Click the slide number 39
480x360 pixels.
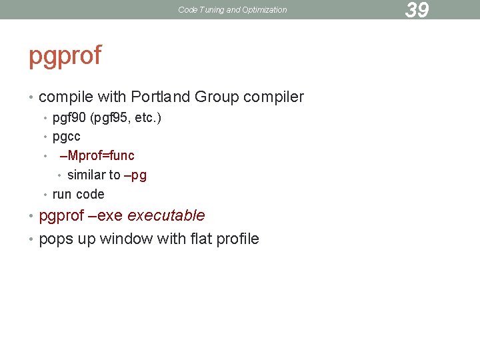417,10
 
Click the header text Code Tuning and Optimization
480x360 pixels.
233,10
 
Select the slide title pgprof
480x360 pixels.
65,56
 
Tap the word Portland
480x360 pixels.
161,97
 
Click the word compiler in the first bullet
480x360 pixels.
273,97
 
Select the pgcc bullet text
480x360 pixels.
67,137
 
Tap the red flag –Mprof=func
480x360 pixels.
97,156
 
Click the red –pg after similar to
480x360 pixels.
135,175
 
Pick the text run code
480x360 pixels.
79,195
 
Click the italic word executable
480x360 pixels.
166,216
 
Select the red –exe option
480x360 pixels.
105,216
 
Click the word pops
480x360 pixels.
57,239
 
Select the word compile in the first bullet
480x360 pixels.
67,97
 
